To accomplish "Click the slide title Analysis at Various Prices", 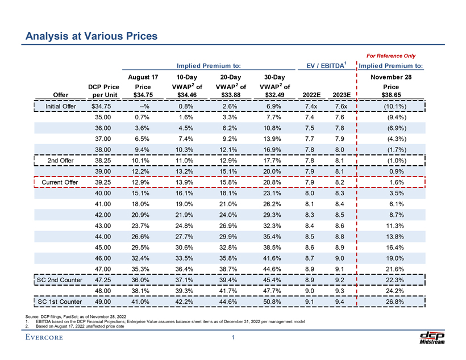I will pyautogui.click(x=91, y=36).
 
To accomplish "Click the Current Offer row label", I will pyautogui.click(x=59, y=182).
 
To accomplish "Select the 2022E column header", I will pyautogui.click(x=311, y=94).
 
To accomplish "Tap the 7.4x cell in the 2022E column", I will pyautogui.click(x=311, y=106).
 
